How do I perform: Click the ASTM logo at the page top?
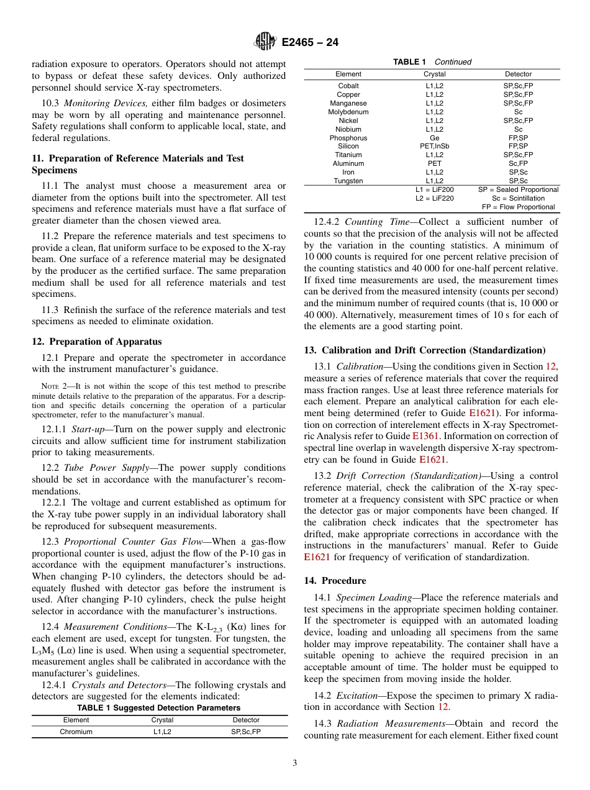coord(266,42)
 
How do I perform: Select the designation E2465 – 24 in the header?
coord(310,43)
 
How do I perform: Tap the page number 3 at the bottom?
coord(295,763)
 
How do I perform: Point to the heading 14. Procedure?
coord(335,581)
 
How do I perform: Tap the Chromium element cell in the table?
coord(76,732)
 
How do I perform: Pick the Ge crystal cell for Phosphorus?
coord(435,138)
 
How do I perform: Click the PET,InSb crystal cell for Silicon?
coord(435,147)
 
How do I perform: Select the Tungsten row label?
coord(348,181)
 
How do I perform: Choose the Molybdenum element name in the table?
coord(348,112)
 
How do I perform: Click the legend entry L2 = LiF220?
coord(435,198)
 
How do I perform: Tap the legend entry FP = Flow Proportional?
coord(519,207)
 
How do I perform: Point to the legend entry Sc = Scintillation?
coord(519,198)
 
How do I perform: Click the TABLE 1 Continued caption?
coord(432,62)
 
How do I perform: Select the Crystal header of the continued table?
coord(435,74)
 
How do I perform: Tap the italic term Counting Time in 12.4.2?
coord(373,222)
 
